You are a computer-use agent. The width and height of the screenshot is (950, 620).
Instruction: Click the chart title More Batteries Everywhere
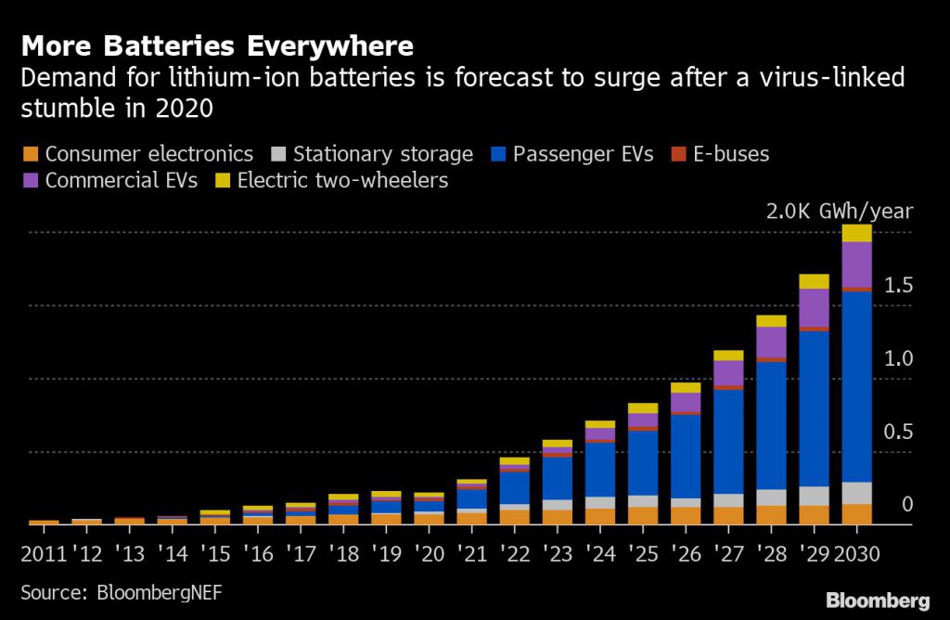pos(218,45)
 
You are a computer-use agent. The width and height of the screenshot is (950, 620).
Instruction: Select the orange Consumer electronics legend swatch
pos(32,154)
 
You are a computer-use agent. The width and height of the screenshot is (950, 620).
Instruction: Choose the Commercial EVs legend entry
pos(121,180)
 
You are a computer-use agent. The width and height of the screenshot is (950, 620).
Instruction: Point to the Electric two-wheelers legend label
pos(342,180)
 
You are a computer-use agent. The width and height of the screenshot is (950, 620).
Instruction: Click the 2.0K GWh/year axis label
pos(840,212)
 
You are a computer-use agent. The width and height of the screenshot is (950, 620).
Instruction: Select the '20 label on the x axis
pos(429,555)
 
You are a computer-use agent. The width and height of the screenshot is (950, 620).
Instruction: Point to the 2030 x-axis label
pos(856,555)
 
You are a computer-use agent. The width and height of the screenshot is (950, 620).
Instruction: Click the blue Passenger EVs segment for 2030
pos(856,385)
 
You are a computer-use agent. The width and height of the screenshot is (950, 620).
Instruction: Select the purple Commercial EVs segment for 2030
pos(856,264)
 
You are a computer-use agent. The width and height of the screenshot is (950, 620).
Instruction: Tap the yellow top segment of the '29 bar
pos(814,281)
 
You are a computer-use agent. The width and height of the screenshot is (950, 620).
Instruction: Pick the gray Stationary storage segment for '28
pos(771,497)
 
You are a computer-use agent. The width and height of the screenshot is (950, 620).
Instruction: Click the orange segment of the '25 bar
pos(643,515)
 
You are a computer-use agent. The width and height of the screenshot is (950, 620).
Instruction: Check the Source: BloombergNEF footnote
pos(122,592)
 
